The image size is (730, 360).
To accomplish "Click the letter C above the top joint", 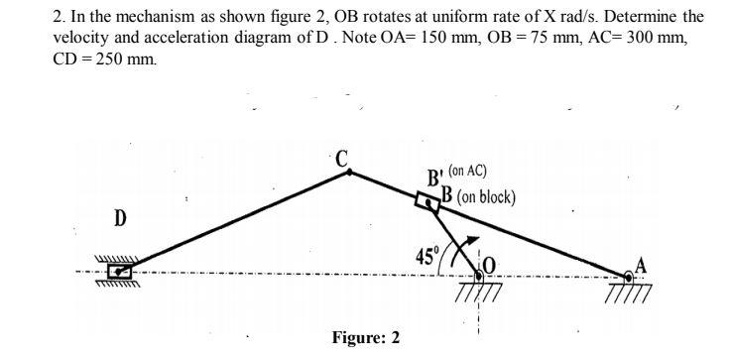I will [x=342, y=157].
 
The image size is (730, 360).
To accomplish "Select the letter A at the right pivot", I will [x=642, y=262].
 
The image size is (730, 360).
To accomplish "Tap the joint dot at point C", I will [x=348, y=172].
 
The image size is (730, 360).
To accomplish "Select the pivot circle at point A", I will [x=630, y=275].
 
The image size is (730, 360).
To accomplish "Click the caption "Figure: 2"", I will [x=366, y=337].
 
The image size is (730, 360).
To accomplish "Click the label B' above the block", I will [x=434, y=179].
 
